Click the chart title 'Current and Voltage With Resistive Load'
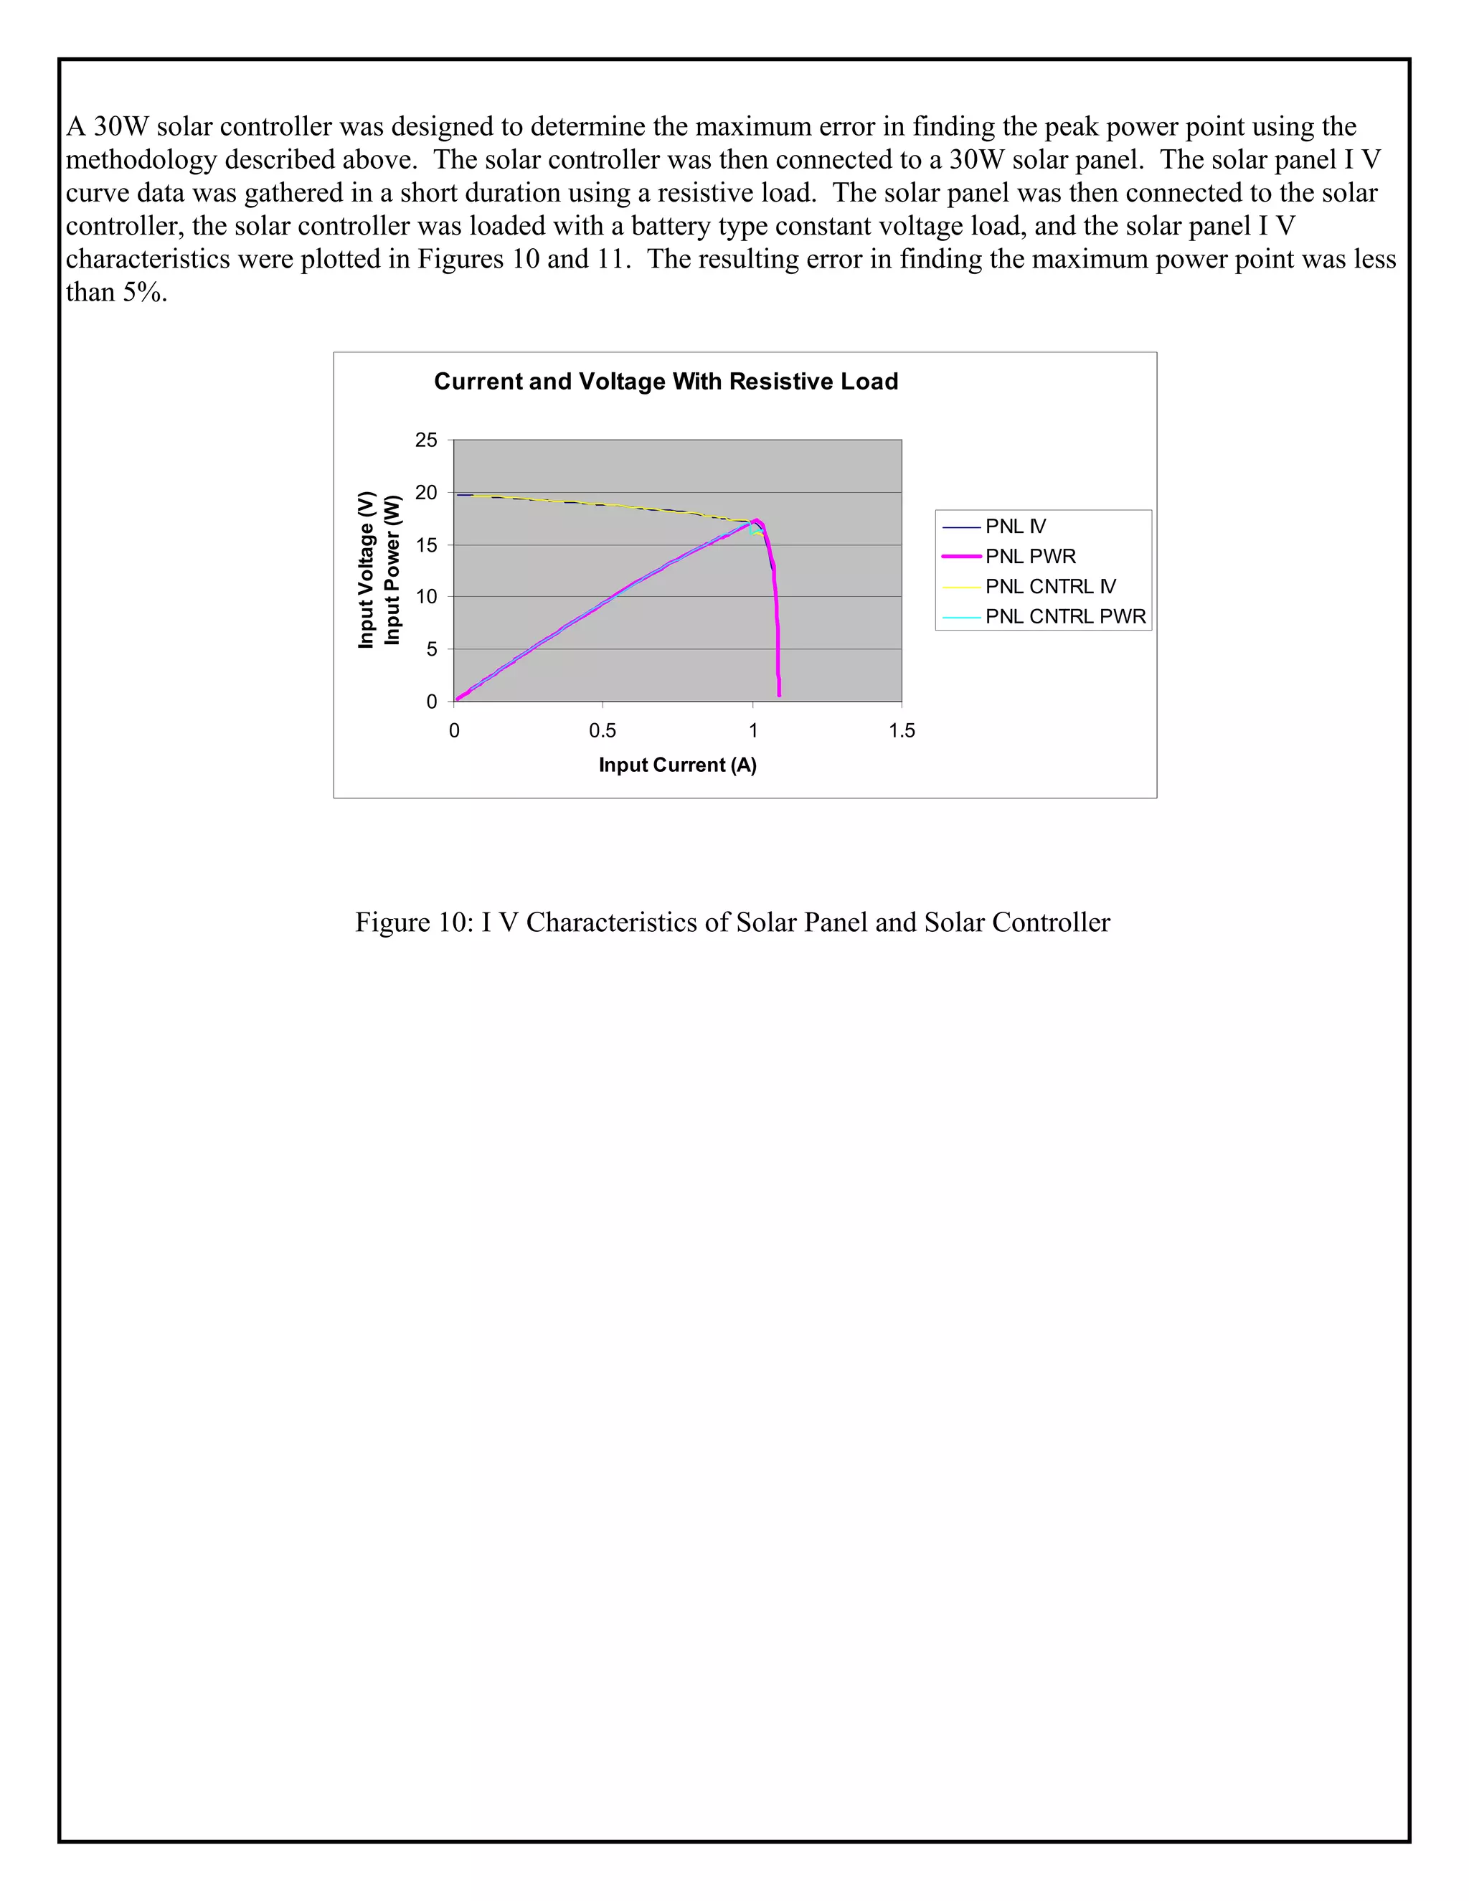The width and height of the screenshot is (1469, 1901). tap(666, 381)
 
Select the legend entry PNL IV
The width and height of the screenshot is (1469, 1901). tap(1015, 527)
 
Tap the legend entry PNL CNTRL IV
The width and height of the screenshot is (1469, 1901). tap(1049, 587)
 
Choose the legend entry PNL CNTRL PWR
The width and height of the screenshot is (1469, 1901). tap(1064, 616)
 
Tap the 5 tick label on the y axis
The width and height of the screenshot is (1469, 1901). tap(432, 649)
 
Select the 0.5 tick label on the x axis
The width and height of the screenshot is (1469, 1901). tap(603, 731)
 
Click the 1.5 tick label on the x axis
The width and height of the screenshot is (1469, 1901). tap(902, 731)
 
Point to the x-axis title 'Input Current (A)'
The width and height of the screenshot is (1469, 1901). tap(677, 765)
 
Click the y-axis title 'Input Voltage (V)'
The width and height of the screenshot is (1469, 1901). tap(366, 570)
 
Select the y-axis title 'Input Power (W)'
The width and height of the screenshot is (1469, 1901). tap(392, 570)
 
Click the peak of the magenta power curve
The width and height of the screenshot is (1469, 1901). tap(755, 521)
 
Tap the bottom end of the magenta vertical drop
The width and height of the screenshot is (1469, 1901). tap(779, 694)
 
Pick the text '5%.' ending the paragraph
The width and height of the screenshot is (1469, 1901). tap(143, 293)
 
